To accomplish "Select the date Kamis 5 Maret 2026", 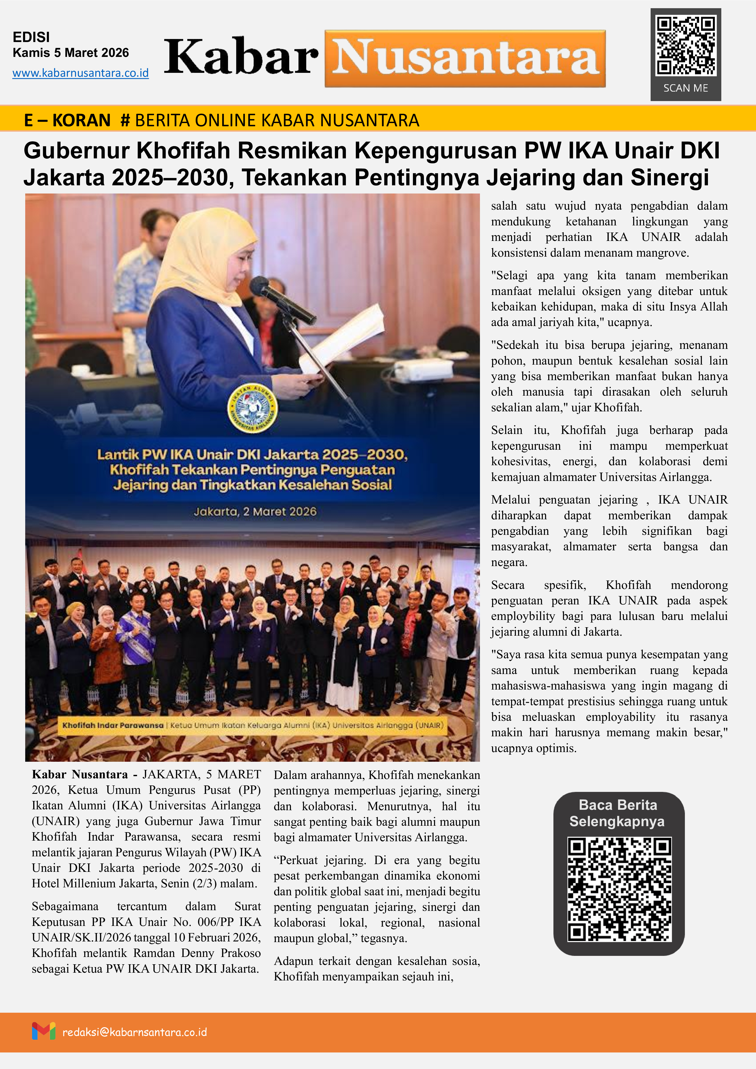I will coord(71,53).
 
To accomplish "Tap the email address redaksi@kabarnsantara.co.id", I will coord(134,1032).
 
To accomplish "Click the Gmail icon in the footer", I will coord(44,1031).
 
